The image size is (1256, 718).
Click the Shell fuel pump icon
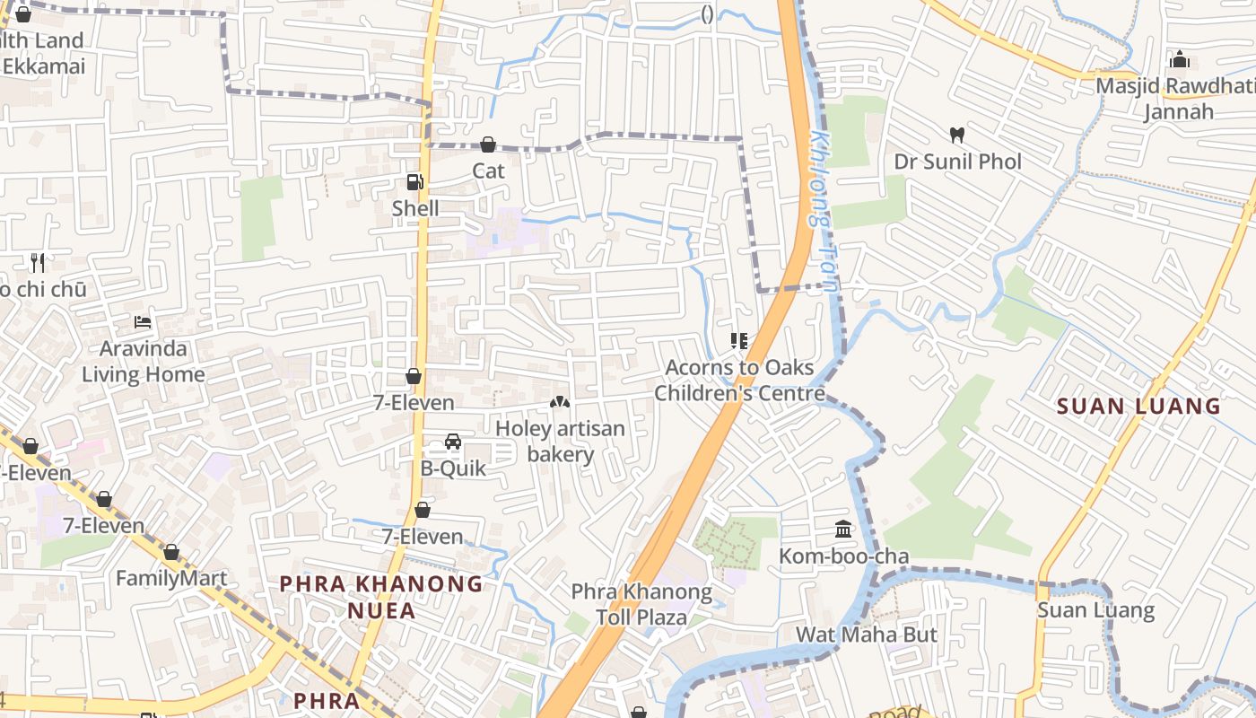(414, 182)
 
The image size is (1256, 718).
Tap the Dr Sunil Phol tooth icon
(957, 136)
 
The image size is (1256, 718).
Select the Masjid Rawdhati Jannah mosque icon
(1180, 60)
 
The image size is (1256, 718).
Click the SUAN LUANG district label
(1138, 406)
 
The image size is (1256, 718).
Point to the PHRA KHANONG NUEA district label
(381, 597)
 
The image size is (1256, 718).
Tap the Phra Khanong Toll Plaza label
(641, 605)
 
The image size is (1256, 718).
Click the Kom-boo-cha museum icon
(843, 530)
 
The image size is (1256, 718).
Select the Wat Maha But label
(867, 635)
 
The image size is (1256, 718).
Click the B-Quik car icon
(453, 442)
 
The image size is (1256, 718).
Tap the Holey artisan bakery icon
(559, 403)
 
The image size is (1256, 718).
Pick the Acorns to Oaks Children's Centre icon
(739, 341)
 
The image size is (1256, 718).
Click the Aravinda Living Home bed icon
(143, 321)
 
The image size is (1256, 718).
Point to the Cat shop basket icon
(488, 144)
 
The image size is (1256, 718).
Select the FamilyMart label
(171, 578)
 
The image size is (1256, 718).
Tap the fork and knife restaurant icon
(37, 263)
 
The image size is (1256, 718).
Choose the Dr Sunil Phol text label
(957, 162)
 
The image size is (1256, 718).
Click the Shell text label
(415, 208)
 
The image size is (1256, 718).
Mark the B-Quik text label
(453, 468)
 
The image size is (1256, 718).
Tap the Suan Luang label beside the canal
(1095, 610)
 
